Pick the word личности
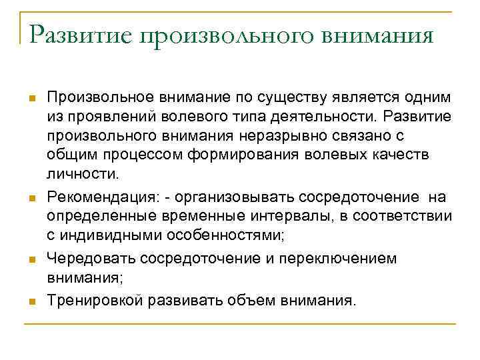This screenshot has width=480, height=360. pos(83,173)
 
